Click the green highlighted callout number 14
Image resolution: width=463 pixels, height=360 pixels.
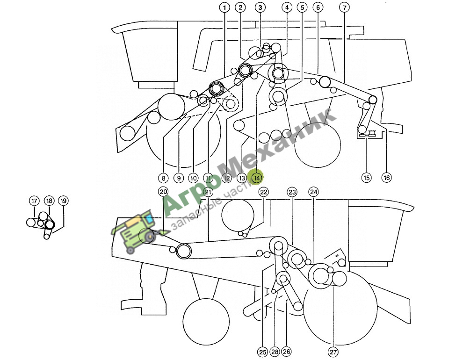point(256,178)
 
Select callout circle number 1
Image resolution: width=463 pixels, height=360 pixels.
point(224,7)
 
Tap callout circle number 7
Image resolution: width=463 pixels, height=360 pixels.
point(344,7)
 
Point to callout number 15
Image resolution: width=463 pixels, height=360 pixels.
point(367,178)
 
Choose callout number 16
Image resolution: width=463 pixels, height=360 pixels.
point(386,178)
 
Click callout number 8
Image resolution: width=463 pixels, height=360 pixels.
point(163,178)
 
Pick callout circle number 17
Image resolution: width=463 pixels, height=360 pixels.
point(34,201)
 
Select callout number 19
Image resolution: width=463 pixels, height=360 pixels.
point(63,201)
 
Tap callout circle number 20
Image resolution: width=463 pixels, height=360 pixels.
point(163,192)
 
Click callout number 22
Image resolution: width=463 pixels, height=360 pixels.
point(264,192)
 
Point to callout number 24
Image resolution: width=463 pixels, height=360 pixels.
point(314,192)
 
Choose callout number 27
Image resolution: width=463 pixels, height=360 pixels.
point(333,352)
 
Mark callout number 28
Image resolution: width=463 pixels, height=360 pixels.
point(275,352)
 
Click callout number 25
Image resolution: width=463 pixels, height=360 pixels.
point(263,352)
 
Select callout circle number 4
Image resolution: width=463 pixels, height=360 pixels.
point(287,7)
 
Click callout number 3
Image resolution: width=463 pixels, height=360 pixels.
point(260,7)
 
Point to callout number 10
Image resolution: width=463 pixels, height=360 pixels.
point(194,178)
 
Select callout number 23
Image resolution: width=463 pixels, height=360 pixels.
point(292,193)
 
